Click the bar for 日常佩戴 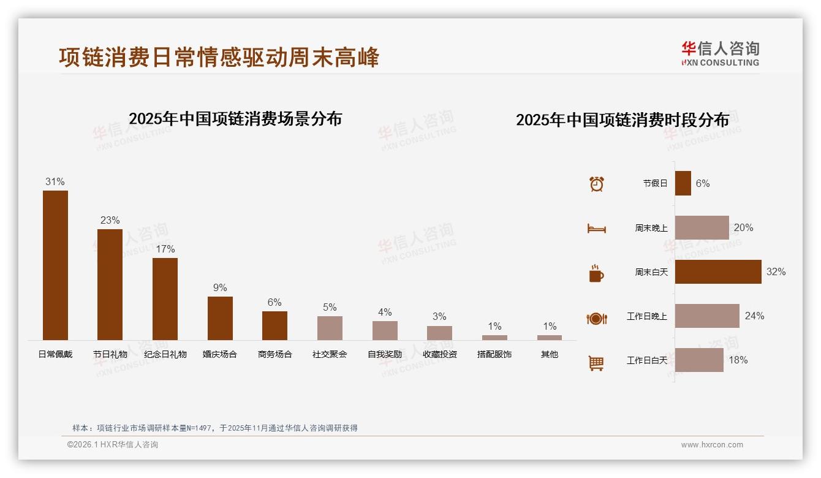pyautogui.click(x=55, y=265)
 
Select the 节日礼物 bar pyautogui.click(x=110, y=284)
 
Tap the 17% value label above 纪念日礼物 pyautogui.click(x=165, y=249)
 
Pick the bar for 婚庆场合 pyautogui.click(x=220, y=318)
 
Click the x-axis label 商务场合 pyautogui.click(x=274, y=354)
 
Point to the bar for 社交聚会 pyautogui.click(x=330, y=328)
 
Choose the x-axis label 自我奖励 pyautogui.click(x=385, y=354)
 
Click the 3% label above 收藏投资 pyautogui.click(x=439, y=317)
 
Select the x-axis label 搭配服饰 pyautogui.click(x=494, y=354)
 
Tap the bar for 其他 pyautogui.click(x=550, y=338)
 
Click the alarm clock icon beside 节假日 pyautogui.click(x=597, y=184)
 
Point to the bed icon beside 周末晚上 pyautogui.click(x=597, y=229)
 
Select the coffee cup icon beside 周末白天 pyautogui.click(x=596, y=273)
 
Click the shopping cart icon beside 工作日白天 pyautogui.click(x=596, y=363)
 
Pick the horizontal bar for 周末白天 pyautogui.click(x=718, y=271)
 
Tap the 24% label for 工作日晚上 pyautogui.click(x=754, y=316)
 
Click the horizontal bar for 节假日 pyautogui.click(x=683, y=183)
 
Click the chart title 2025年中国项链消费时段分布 pyautogui.click(x=622, y=120)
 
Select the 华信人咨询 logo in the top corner pyautogui.click(x=720, y=53)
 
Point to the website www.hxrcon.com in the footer pyautogui.click(x=712, y=445)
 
